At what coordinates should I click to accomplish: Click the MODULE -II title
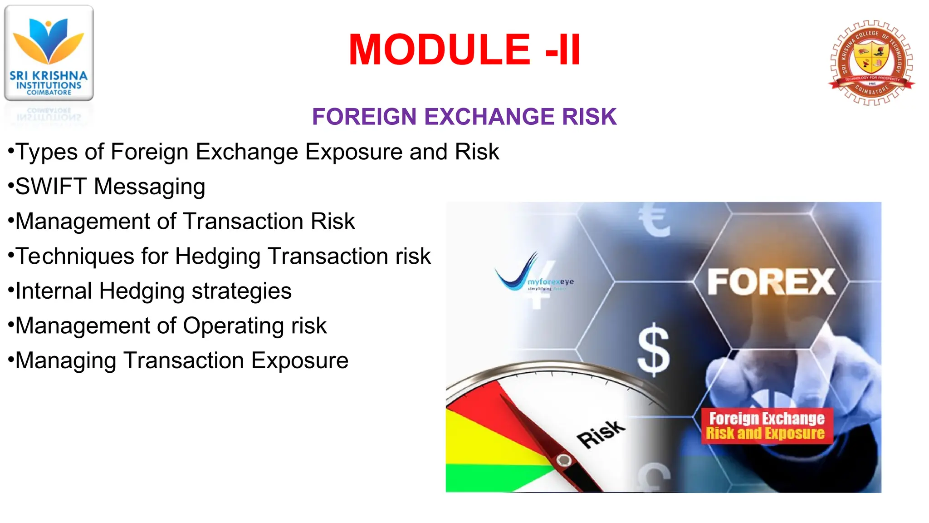(464, 50)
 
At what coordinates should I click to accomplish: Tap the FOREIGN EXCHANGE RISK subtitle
(464, 117)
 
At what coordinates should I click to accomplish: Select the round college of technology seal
(871, 63)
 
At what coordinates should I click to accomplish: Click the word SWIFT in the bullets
(51, 187)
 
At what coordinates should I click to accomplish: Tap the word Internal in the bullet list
(54, 291)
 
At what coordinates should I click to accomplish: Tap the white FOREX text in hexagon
(771, 282)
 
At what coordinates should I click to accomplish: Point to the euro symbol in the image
(654, 220)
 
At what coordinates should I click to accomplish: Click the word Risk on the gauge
(601, 434)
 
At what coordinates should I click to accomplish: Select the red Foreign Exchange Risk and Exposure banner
(767, 426)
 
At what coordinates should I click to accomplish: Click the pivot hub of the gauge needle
(564, 460)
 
